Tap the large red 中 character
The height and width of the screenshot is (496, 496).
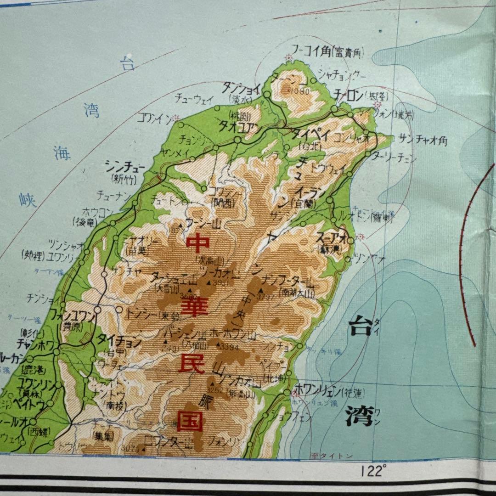click(x=198, y=243)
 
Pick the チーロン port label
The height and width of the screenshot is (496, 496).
click(x=349, y=96)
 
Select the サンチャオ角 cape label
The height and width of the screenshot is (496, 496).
click(x=423, y=140)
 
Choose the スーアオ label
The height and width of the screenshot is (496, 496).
click(x=331, y=238)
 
